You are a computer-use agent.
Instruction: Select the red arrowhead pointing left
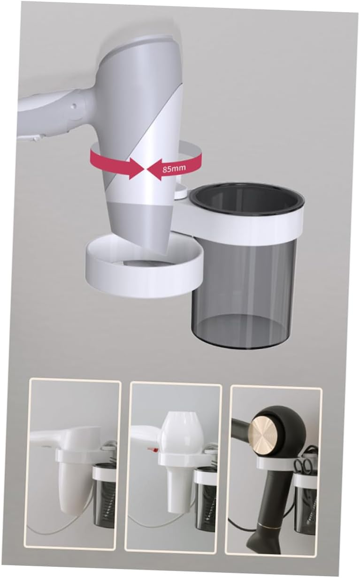click(153, 170)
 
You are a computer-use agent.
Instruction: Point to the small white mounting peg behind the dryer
click(180, 193)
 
